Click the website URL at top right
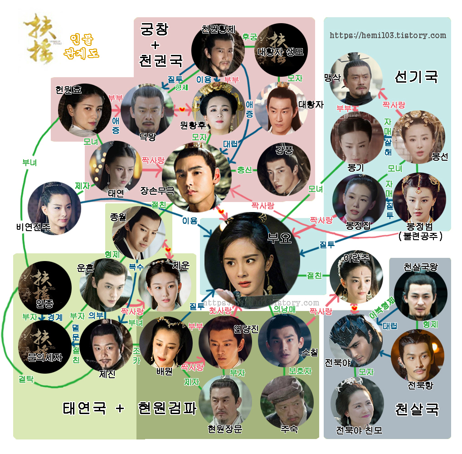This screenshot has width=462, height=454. pyautogui.click(x=388, y=35)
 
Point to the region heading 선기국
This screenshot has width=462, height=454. pyautogui.click(x=416, y=76)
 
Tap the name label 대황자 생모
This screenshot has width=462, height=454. pyautogui.click(x=280, y=52)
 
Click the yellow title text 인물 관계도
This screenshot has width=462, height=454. pyautogui.click(x=81, y=47)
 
